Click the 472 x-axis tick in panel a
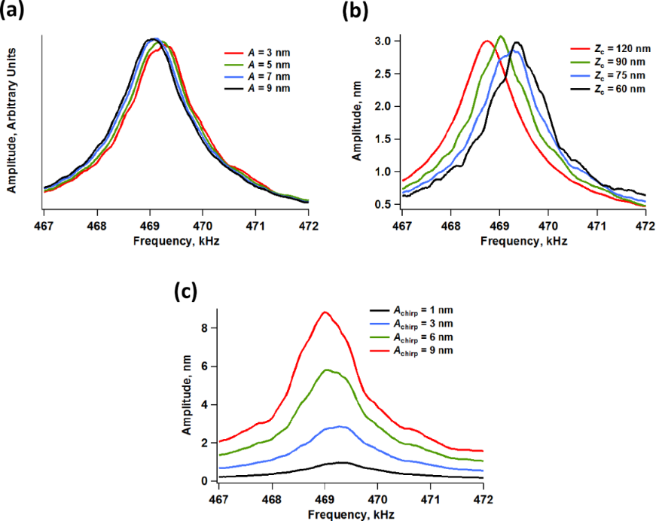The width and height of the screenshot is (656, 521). click(308, 224)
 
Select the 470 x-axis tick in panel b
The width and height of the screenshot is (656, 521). click(548, 224)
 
